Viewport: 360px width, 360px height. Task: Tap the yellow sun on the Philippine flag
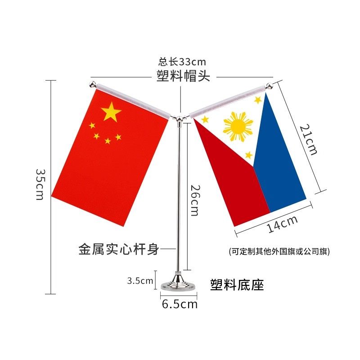(238, 126)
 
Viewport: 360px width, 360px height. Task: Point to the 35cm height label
(40, 184)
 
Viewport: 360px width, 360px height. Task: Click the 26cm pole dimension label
(194, 200)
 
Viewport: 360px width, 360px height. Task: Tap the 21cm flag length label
(308, 139)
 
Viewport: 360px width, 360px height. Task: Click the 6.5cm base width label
(180, 304)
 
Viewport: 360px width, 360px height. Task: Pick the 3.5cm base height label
(140, 281)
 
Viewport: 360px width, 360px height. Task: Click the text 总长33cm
(182, 62)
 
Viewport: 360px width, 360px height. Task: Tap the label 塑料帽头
(183, 76)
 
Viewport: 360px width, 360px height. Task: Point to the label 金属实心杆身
(119, 249)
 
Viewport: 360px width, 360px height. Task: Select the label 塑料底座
(237, 284)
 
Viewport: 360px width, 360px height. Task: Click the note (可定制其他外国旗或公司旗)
(279, 252)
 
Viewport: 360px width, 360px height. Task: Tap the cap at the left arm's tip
(92, 85)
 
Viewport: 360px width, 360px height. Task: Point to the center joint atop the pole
(180, 118)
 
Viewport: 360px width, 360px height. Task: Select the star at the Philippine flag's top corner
(258, 100)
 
